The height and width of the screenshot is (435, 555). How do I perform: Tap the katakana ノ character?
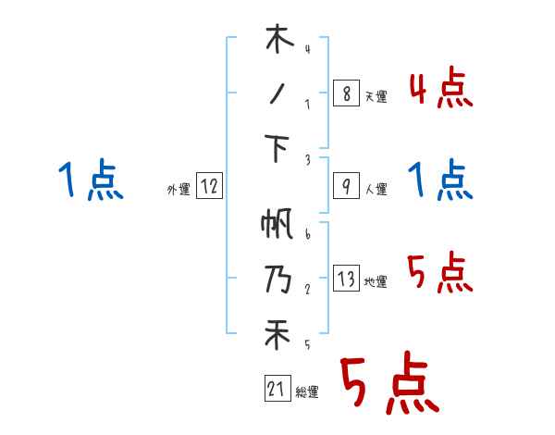(277, 94)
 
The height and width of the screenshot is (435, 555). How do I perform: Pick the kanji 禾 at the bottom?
(277, 334)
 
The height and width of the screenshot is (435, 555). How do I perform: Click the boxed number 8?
(345, 94)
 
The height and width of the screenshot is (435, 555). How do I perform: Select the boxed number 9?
(345, 186)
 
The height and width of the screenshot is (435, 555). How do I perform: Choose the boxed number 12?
(209, 186)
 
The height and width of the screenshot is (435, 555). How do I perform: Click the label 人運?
(376, 190)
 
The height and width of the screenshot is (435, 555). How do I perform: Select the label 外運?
(178, 190)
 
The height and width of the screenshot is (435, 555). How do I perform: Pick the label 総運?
(307, 392)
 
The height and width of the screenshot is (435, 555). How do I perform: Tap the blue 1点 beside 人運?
(440, 180)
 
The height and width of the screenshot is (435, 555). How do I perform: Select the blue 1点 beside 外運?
(90, 180)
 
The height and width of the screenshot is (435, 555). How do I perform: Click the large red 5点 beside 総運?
(388, 386)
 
